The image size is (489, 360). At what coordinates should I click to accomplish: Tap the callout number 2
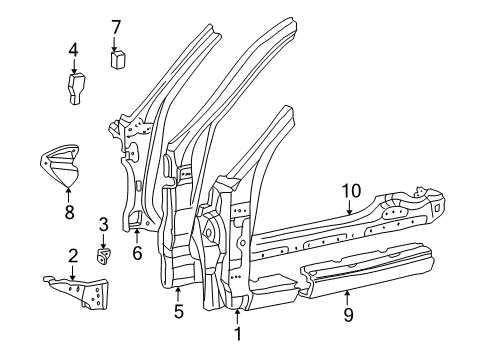72,258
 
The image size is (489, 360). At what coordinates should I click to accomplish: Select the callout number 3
103,223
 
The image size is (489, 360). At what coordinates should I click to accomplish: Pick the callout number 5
178,310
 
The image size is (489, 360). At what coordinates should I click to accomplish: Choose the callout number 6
137,253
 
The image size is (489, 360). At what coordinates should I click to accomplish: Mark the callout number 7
116,27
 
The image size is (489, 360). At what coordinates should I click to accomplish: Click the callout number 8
68,211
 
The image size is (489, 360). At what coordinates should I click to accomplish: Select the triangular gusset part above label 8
62,165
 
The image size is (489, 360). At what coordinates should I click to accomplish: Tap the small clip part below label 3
103,256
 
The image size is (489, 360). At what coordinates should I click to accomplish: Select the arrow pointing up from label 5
178,291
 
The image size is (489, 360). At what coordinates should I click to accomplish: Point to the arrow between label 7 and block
116,43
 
